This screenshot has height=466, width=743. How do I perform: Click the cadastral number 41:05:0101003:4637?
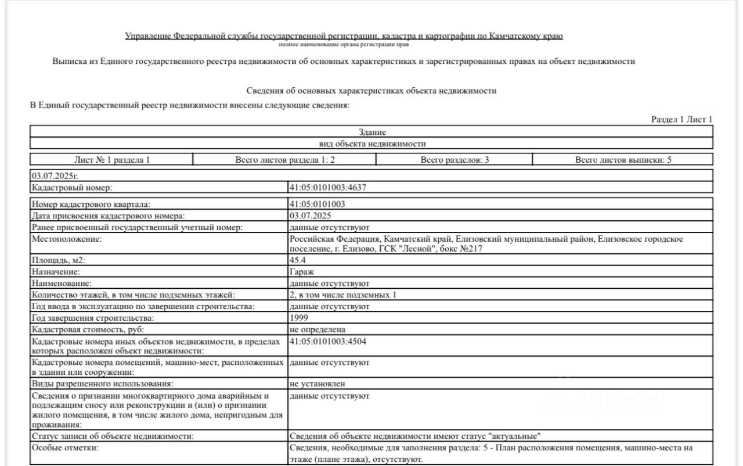point(327,187)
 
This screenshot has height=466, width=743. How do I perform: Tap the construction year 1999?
point(299,318)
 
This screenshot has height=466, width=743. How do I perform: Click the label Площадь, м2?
point(59,260)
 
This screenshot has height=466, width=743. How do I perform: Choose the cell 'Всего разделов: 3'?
point(454,159)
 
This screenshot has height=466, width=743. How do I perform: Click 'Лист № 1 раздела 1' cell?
point(111,159)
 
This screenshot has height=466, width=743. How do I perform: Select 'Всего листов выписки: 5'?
point(623,159)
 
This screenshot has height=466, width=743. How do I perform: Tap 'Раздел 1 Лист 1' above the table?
point(681,119)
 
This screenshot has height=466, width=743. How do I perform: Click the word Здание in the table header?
point(372,132)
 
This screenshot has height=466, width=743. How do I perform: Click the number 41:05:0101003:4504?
point(327,341)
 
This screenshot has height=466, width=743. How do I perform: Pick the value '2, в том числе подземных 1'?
point(342,295)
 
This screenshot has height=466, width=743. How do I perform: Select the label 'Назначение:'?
point(56,271)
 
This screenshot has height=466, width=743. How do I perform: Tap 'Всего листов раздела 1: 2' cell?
point(284,159)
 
